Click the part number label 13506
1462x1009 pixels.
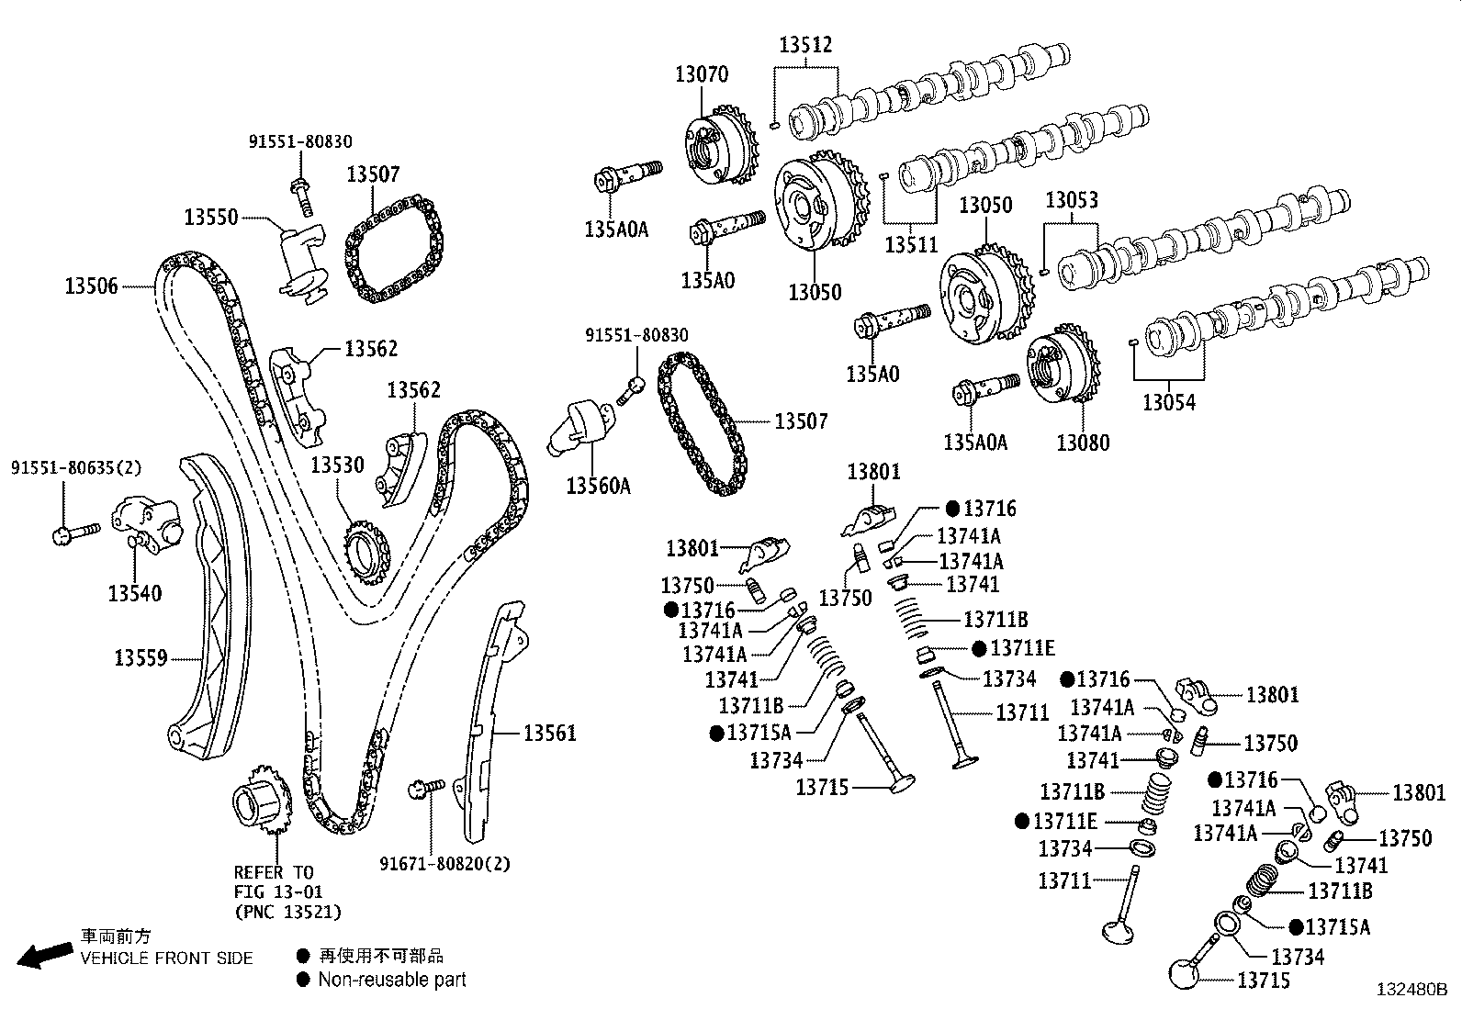point(91,286)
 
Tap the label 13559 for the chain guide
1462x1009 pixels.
point(141,657)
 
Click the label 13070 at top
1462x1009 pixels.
point(702,74)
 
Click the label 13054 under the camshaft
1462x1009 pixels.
point(1169,401)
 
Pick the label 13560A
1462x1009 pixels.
point(598,486)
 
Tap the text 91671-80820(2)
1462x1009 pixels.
point(444,863)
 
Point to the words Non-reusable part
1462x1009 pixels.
point(392,980)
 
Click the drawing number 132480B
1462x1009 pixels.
point(1411,990)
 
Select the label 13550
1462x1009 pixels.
point(210,218)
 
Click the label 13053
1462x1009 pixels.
point(1072,200)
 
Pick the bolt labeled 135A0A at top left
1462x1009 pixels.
point(631,174)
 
